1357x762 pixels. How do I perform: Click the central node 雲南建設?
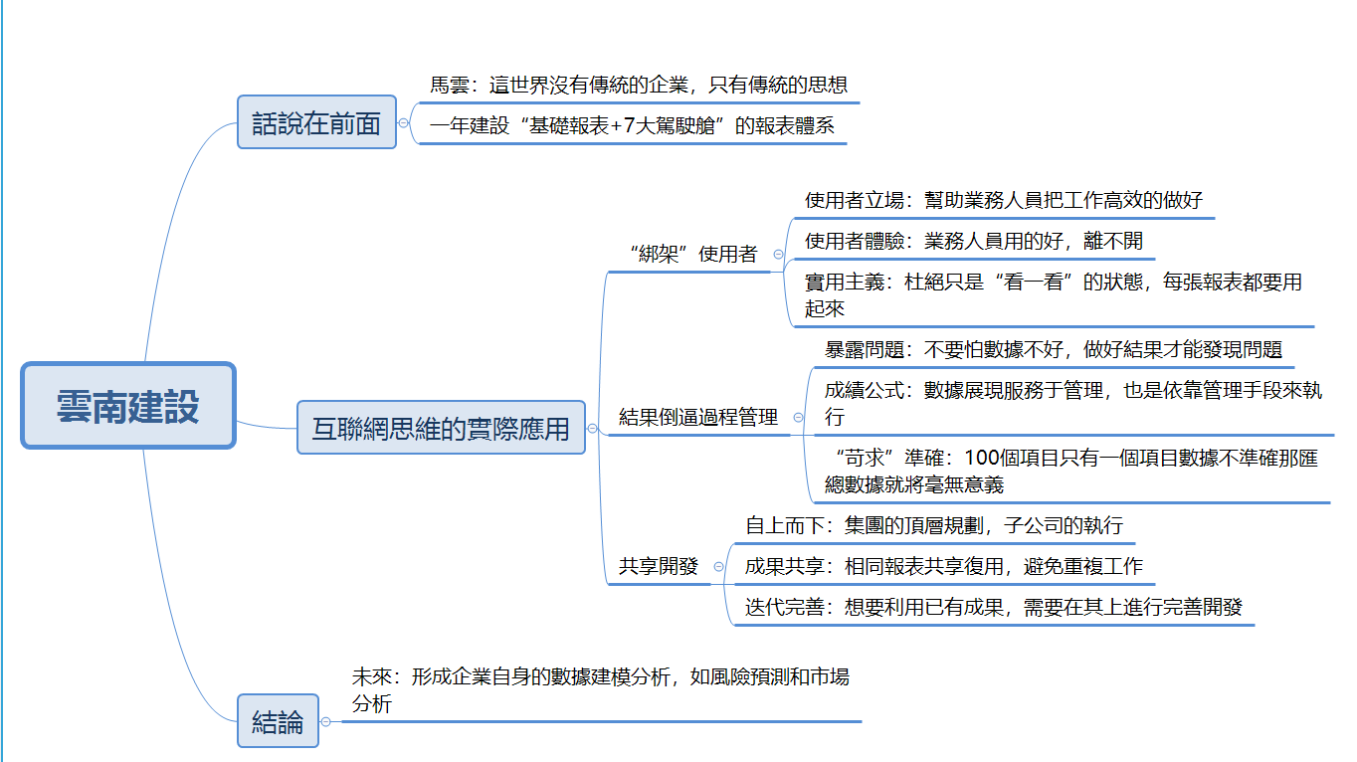pos(127,405)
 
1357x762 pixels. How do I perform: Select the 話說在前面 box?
pos(316,121)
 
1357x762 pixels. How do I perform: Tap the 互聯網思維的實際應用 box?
pos(441,427)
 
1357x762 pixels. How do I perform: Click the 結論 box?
pos(278,721)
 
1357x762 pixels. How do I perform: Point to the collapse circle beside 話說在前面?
pos(404,123)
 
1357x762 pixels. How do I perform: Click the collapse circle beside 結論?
pos(326,721)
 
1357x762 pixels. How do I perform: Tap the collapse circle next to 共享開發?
pos(718,567)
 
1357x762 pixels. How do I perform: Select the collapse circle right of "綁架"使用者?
pos(778,255)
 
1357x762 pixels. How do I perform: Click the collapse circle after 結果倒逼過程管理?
pos(799,418)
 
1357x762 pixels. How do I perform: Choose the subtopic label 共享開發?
pos(659,566)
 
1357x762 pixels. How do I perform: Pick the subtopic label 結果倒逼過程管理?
pos(697,417)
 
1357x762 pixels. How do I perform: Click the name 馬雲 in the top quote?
pos(450,85)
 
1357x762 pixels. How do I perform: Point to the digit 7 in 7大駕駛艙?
pos(629,125)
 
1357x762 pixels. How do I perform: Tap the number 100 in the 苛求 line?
pos(981,458)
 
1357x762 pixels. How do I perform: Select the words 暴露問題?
pos(865,349)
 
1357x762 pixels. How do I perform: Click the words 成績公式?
pos(865,390)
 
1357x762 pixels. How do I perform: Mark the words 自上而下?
pos(785,525)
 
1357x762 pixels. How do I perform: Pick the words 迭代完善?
pos(785,607)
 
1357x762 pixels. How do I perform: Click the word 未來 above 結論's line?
pos(371,676)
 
